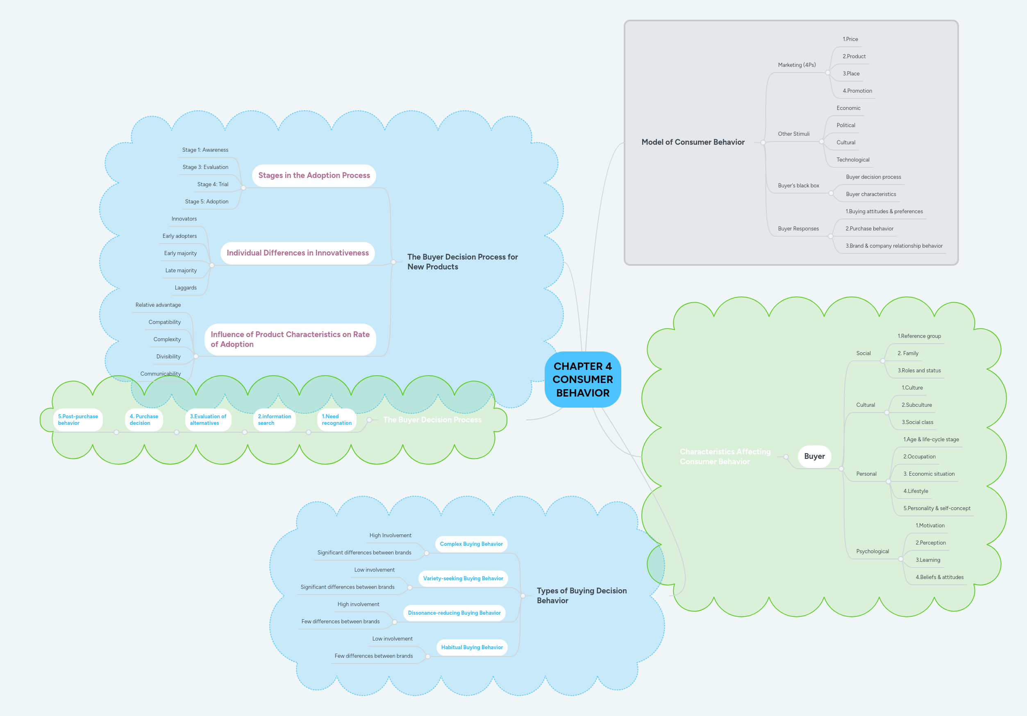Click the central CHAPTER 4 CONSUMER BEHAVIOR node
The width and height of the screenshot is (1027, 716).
582,379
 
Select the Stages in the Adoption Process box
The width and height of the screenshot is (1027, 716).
314,176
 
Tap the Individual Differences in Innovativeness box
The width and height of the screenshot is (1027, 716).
298,253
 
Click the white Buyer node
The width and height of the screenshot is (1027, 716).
814,456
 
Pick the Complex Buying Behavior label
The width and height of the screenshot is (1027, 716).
471,544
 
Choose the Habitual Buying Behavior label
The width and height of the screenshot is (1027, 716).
472,648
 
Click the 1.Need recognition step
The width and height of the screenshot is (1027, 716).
336,420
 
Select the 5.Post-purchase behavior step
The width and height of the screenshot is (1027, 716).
78,420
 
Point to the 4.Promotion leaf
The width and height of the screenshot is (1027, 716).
857,91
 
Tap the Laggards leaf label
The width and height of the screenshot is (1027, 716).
186,288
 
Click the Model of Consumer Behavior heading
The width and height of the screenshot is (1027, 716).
693,142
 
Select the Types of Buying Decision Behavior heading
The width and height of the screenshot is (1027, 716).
582,595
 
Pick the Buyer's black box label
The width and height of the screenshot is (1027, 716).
798,186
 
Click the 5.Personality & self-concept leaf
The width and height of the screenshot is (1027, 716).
937,508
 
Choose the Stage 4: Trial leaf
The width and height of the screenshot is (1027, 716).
213,185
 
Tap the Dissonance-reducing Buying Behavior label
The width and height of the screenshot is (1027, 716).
454,613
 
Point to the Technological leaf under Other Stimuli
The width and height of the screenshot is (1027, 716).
852,160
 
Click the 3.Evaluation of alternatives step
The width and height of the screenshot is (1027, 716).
208,420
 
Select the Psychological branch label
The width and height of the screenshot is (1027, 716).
872,551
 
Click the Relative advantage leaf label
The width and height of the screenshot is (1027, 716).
158,305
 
